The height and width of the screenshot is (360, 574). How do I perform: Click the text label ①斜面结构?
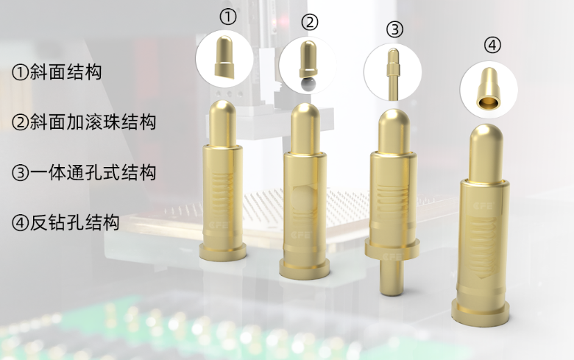[57, 72]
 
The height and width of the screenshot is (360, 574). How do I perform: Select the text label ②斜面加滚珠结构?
[84, 122]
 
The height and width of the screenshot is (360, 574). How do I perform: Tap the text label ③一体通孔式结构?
[84, 172]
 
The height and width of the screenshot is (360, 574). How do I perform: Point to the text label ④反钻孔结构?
[65, 222]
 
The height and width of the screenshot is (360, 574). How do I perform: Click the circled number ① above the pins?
[227, 17]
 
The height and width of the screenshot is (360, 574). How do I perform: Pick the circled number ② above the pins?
[310, 22]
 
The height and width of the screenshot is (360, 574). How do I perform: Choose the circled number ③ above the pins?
[394, 29]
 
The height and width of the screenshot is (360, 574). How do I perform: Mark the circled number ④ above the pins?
[492, 45]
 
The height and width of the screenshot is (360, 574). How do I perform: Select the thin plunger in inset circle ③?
[393, 74]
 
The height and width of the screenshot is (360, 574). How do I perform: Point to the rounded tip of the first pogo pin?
[223, 110]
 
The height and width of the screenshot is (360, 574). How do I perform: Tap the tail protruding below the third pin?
[391, 278]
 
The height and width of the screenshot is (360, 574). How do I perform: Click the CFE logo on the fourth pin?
[483, 206]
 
